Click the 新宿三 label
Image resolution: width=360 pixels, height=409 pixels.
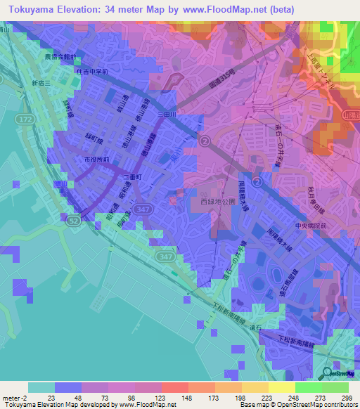tap(43, 83)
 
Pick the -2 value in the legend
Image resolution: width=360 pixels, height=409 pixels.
tap(20, 397)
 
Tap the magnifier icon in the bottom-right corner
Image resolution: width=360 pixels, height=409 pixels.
tap(328, 375)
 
